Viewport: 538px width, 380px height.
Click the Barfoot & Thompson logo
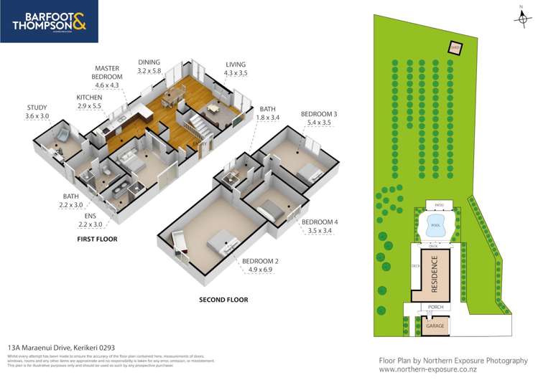coord(49,21)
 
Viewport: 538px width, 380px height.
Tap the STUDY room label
coord(37,108)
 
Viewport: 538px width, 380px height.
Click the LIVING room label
coord(235,63)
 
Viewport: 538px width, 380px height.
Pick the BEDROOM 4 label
coord(320,222)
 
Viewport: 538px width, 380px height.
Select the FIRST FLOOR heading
coord(97,239)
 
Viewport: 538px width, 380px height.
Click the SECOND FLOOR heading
coord(223,299)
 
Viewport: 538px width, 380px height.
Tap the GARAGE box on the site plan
coord(435,326)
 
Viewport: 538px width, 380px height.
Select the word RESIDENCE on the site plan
coord(435,275)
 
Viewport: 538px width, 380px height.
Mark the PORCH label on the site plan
coord(435,308)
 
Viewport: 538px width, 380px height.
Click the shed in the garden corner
coord(455,48)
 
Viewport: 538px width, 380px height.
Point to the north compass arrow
coord(521,16)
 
